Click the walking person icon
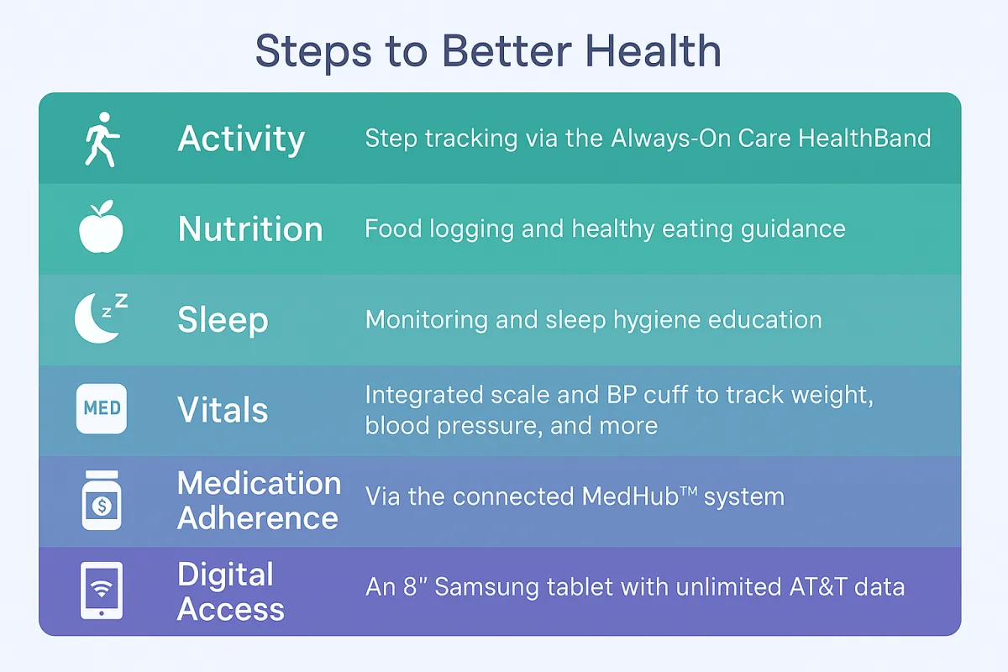tap(102, 139)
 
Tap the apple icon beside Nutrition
tap(102, 227)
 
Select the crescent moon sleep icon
tap(101, 318)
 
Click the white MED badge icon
tap(102, 409)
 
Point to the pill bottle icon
tap(102, 500)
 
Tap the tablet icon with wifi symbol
tap(102, 591)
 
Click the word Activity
tap(241, 139)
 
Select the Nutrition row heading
tap(250, 229)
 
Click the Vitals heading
tap(223, 410)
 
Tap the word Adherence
tap(258, 518)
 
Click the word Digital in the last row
tap(225, 575)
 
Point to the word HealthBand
tap(864, 138)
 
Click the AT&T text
tap(818, 587)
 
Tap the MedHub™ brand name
tap(639, 496)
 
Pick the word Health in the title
tap(654, 51)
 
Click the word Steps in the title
tap(313, 53)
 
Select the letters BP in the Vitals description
tap(622, 395)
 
